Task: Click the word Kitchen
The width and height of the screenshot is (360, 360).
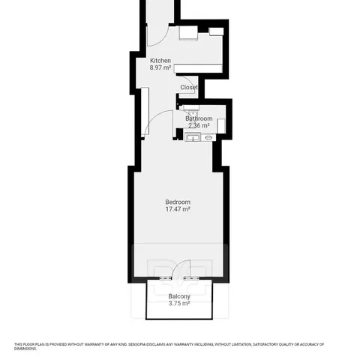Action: tap(160, 61)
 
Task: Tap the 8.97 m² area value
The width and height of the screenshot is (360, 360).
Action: tap(160, 67)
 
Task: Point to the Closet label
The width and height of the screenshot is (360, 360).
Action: tap(189, 87)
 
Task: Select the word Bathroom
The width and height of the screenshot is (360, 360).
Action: tap(199, 118)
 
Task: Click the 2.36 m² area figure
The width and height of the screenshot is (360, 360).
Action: tap(199, 125)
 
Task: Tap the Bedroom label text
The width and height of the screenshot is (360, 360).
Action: tap(178, 202)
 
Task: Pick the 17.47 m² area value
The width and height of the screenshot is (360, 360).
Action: tap(178, 209)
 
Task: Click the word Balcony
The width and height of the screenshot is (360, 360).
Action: tap(179, 296)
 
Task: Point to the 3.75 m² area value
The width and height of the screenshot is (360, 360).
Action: tap(179, 303)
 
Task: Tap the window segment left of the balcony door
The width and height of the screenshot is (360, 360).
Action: tap(166, 278)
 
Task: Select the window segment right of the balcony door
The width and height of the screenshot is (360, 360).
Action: tap(191, 278)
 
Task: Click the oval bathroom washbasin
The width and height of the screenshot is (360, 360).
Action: tap(208, 137)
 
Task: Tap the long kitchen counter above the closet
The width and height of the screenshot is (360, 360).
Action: tap(198, 68)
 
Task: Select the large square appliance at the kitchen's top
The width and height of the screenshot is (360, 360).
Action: tap(188, 32)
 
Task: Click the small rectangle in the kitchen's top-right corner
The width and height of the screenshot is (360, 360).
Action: tap(216, 31)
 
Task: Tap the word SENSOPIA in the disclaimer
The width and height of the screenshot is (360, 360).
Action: tap(137, 344)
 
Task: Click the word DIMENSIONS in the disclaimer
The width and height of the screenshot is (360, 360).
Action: tap(25, 349)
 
